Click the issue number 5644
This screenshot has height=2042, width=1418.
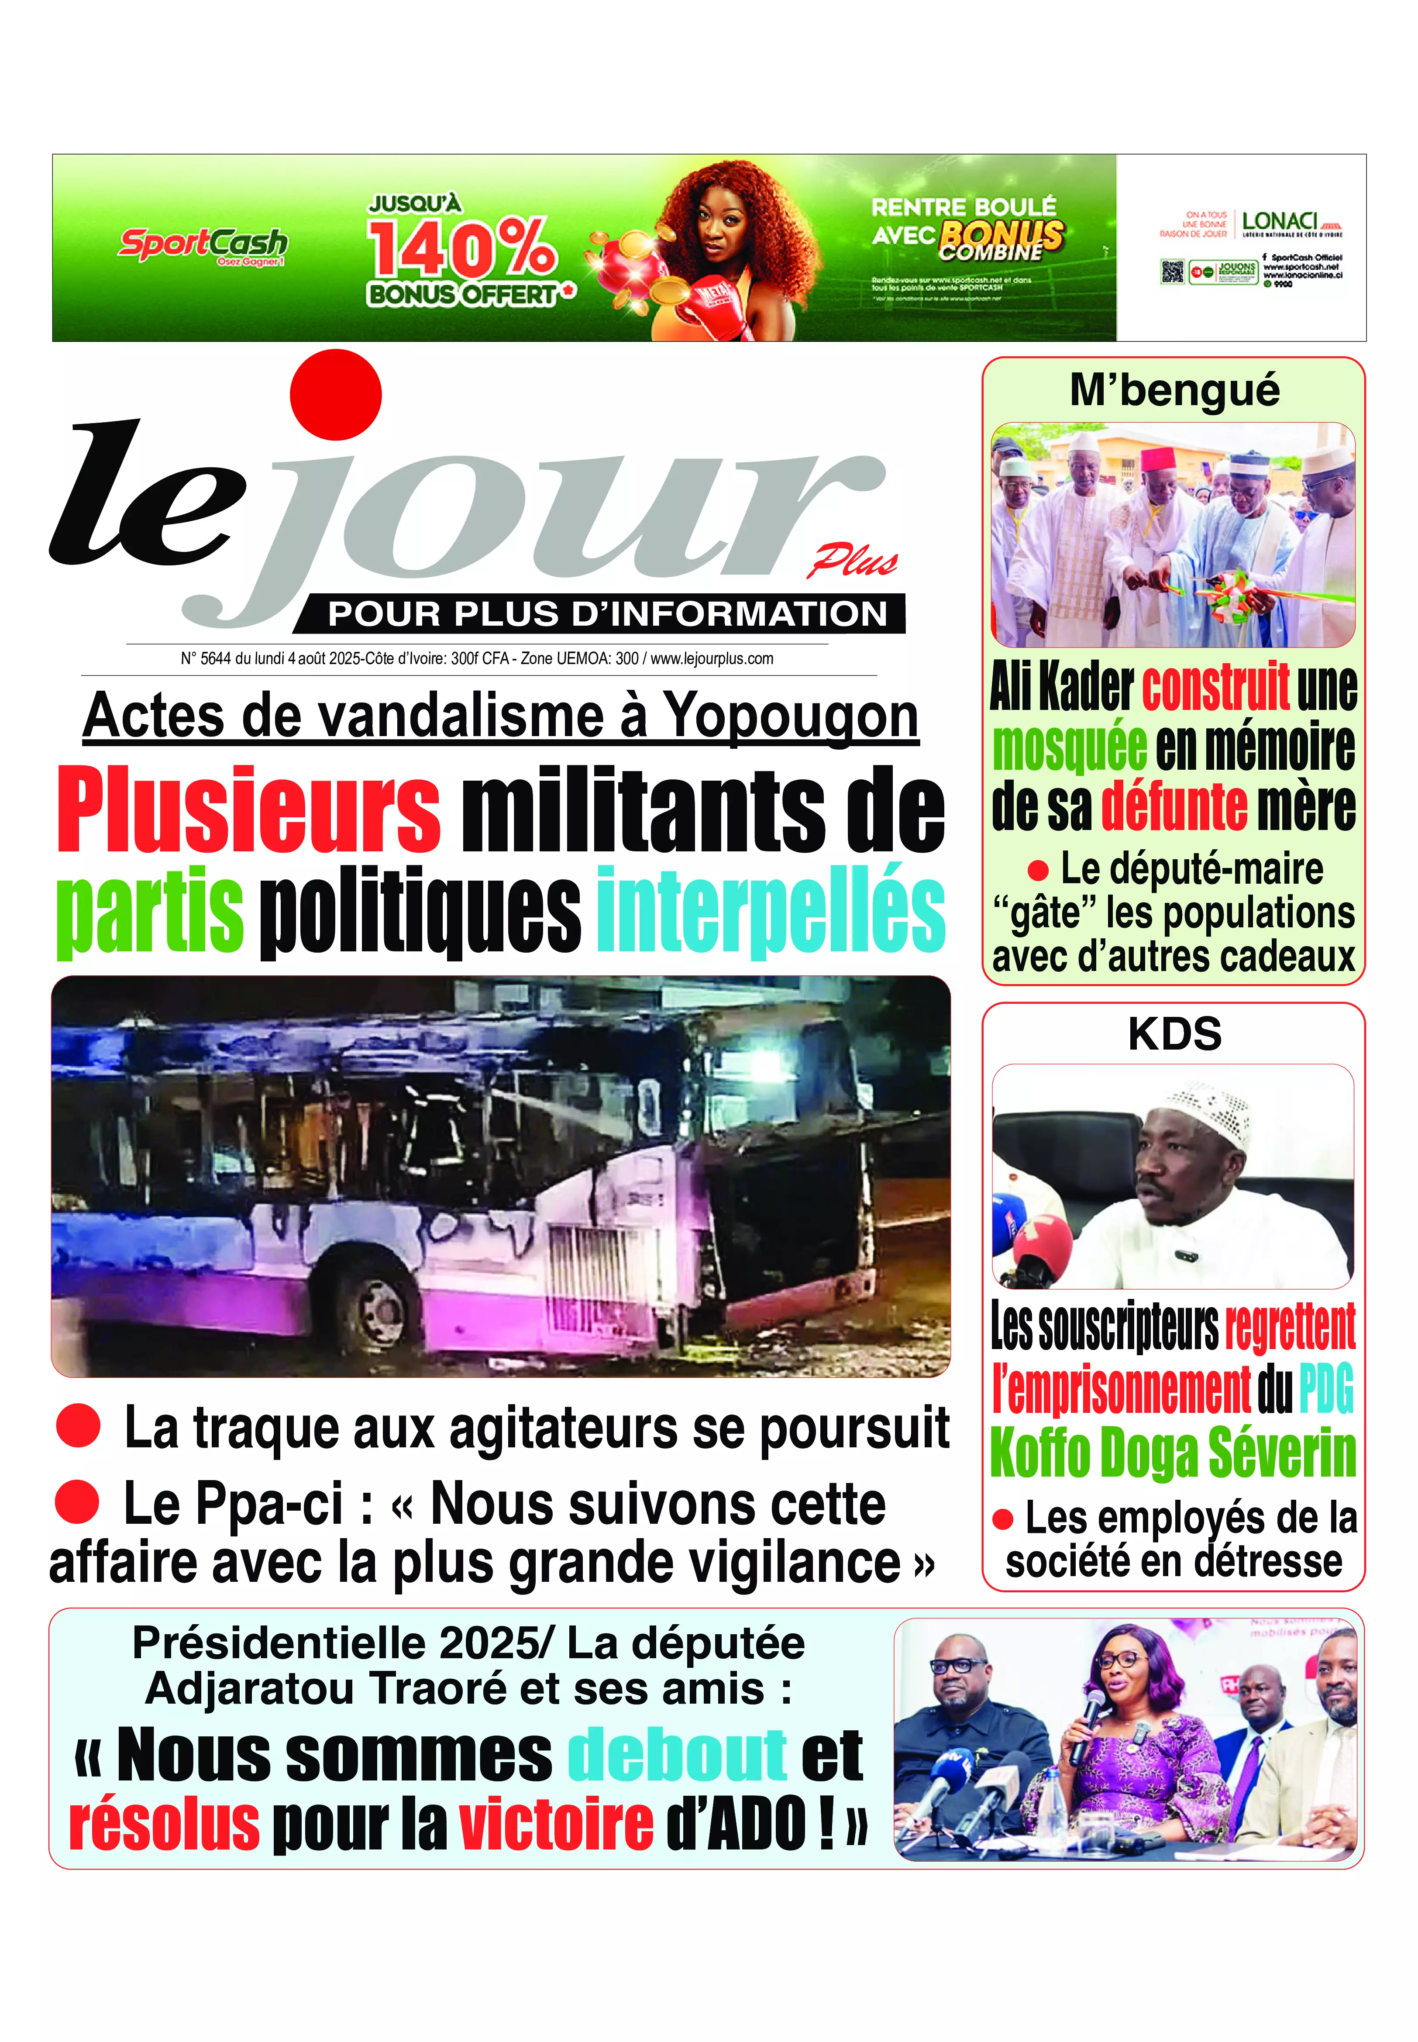pos(216,658)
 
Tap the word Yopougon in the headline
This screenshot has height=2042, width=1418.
pos(792,715)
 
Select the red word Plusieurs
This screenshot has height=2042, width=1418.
pos(249,810)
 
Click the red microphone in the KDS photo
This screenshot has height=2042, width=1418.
pos(1039,1244)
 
